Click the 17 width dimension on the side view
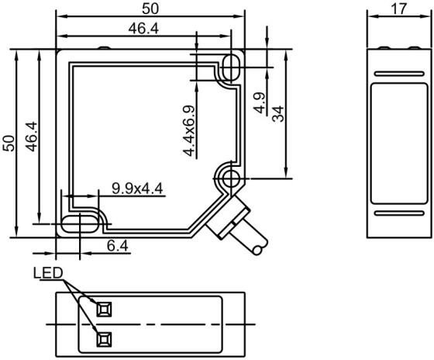[x=399, y=9]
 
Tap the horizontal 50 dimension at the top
[x=150, y=9]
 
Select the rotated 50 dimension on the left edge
[x=9, y=143]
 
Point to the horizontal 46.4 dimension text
[x=143, y=28]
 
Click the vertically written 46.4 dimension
[x=31, y=137]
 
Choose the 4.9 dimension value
[x=260, y=103]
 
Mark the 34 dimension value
[x=278, y=113]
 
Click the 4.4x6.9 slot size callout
[x=189, y=131]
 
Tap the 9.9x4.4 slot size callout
[x=137, y=189]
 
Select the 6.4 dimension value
[x=118, y=245]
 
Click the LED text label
[x=48, y=273]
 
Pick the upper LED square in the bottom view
[x=104, y=310]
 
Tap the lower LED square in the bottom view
[x=104, y=339]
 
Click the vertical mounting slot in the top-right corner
[x=231, y=67]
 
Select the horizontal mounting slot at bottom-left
[x=79, y=223]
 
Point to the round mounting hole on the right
[x=231, y=178]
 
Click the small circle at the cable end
[x=257, y=251]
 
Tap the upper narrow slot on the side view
[x=399, y=74]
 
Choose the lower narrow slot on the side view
[x=399, y=213]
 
